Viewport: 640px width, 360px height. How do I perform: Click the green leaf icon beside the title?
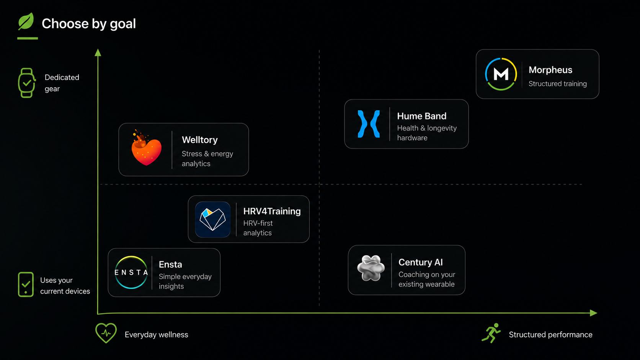[x=26, y=21]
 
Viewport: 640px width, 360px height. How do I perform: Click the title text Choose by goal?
[x=88, y=24]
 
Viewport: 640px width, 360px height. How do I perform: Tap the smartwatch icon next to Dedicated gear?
[x=26, y=83]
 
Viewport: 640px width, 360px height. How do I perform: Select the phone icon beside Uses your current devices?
[x=26, y=284]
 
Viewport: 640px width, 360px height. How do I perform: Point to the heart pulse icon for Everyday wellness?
[x=106, y=333]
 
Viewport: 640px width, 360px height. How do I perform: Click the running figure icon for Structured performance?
[x=491, y=333]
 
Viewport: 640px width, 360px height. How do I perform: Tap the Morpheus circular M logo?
[x=501, y=74]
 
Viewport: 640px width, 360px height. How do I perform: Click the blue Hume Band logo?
[x=369, y=124]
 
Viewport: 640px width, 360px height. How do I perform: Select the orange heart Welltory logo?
[x=146, y=148]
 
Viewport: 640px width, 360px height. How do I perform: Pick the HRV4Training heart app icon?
[x=212, y=219]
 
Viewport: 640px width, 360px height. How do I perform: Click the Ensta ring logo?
[x=131, y=272]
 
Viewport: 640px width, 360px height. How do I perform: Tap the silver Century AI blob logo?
[x=371, y=268]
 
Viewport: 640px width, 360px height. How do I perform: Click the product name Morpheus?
[x=550, y=70]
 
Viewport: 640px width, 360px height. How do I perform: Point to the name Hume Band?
[x=422, y=116]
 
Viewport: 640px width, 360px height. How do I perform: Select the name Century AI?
[x=421, y=262]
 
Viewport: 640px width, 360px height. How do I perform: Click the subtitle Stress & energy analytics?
[x=207, y=159]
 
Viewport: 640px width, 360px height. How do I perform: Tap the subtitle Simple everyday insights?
[x=185, y=282]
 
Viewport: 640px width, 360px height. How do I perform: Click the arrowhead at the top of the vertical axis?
[x=98, y=52]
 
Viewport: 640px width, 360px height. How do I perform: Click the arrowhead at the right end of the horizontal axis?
[x=593, y=313]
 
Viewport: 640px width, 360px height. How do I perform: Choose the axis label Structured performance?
[x=550, y=335]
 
